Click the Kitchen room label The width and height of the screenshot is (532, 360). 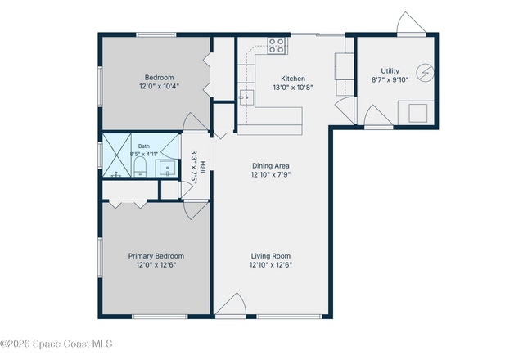pos(293,79)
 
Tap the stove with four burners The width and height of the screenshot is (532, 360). pos(277,46)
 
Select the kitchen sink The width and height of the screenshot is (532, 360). pos(246,97)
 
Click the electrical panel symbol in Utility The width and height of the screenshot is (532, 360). pos(425,73)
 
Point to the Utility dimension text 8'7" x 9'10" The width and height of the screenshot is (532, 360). pos(390,80)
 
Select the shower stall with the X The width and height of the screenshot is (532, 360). pos(117,155)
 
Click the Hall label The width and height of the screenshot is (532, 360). pos(202,167)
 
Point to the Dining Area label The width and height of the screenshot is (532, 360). pos(271,166)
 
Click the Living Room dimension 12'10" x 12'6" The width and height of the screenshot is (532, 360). pos(271,265)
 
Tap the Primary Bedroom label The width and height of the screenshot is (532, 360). pos(156,256)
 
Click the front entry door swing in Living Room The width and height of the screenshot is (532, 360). pos(231,304)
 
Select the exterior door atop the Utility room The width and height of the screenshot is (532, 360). pos(411,23)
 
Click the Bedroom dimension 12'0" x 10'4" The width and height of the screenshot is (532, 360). pos(159,86)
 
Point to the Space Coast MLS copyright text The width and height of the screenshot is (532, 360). pos(56,344)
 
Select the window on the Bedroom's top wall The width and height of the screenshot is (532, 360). pos(156,34)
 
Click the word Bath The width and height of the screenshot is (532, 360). pos(144,146)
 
